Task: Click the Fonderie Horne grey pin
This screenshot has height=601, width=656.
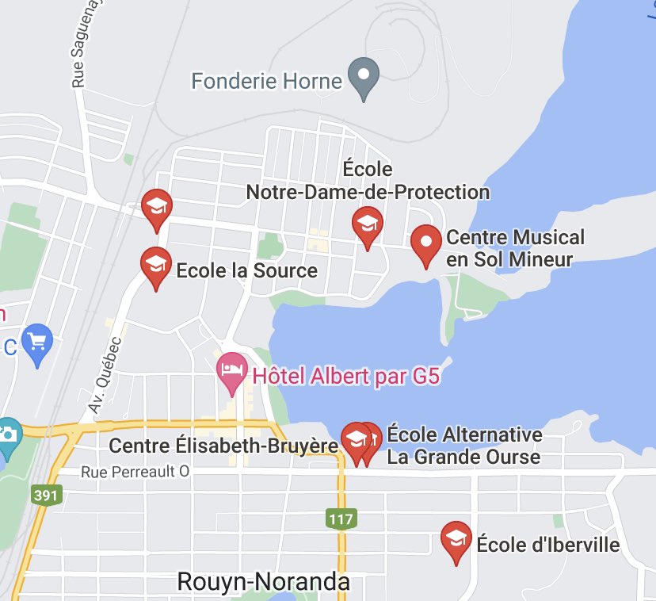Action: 364,78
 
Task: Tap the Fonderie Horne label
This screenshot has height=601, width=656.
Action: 267,81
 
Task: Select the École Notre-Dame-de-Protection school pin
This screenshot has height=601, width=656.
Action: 367,224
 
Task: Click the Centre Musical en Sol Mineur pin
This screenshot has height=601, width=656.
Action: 427,243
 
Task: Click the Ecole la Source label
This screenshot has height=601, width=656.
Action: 246,270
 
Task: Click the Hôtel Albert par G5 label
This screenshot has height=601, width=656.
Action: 345,375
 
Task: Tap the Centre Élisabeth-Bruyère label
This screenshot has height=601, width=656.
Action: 223,446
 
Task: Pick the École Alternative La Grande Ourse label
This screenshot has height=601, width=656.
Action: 464,446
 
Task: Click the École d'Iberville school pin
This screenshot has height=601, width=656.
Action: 456,539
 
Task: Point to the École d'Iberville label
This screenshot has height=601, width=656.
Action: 547,545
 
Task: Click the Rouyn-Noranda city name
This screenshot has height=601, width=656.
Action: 263,581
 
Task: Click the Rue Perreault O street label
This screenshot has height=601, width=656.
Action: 135,472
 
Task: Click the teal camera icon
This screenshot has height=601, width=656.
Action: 8,435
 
